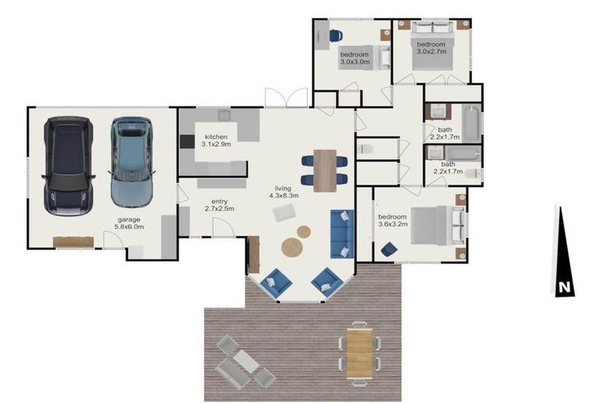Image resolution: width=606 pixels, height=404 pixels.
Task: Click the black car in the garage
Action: (69, 166)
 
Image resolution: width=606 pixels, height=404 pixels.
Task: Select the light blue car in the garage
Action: (132, 163)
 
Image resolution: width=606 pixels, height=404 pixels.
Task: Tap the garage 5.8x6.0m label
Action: (129, 223)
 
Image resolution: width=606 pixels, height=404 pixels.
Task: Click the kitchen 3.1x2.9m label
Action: (216, 140)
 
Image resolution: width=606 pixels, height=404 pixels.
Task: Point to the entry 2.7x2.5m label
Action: (219, 205)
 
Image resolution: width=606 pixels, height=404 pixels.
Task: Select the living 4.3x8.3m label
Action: (284, 192)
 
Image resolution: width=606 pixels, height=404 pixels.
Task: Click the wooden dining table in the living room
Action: (325, 170)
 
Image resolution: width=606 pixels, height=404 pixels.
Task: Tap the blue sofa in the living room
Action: (342, 234)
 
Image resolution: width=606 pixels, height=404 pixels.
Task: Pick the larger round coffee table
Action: (292, 248)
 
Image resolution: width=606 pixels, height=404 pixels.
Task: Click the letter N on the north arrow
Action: (564, 288)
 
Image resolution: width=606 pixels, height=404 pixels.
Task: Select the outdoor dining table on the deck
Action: (360, 353)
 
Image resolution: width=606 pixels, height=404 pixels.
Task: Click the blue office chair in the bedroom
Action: (335, 36)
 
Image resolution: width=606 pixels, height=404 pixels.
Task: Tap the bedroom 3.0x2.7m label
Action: (432, 48)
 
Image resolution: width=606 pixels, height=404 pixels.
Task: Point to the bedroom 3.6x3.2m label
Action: (393, 220)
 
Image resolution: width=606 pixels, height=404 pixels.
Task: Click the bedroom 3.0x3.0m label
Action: (355, 58)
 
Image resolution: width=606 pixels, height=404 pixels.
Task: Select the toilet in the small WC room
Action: (365, 149)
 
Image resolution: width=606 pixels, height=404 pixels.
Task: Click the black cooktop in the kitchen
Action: (187, 141)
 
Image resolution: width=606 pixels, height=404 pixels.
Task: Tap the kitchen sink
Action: (224, 115)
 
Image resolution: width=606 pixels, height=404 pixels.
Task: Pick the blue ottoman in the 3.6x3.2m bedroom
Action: (389, 249)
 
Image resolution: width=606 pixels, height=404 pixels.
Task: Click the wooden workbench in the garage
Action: (73, 242)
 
